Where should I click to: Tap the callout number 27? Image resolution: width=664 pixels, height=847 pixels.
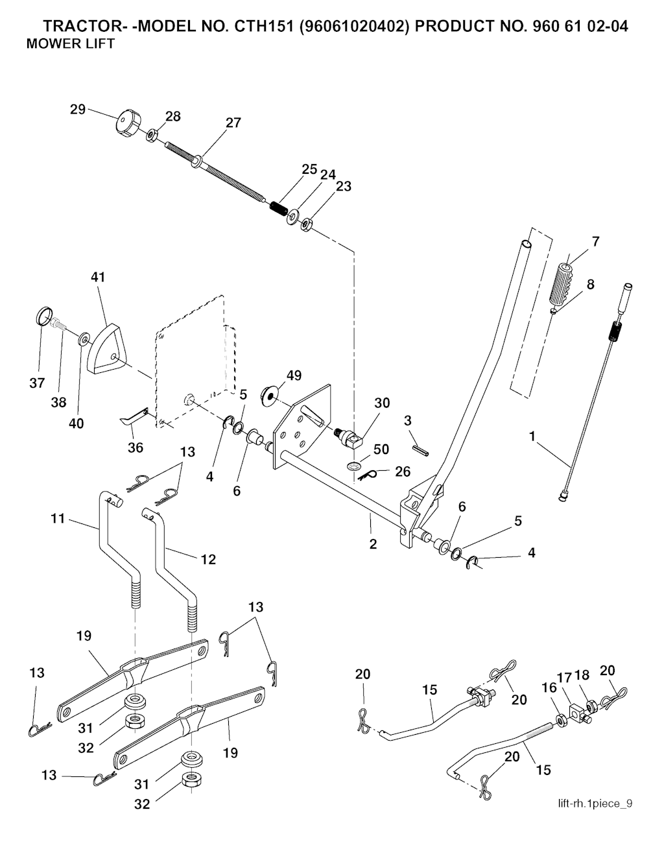click(x=233, y=123)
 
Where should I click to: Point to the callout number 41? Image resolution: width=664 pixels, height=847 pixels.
click(x=98, y=277)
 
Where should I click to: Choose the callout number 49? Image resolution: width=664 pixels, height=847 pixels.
click(x=294, y=376)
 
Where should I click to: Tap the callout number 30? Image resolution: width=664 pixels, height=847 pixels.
click(x=382, y=403)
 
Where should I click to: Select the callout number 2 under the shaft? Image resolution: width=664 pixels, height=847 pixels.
click(x=373, y=544)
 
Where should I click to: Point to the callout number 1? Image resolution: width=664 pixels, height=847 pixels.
click(x=532, y=436)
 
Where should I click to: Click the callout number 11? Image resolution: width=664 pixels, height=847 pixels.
click(x=58, y=518)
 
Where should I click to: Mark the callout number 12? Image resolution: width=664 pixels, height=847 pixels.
click(x=207, y=558)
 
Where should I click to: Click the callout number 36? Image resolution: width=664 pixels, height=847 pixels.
click(x=135, y=447)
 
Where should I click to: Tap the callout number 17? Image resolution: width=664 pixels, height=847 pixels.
click(x=564, y=678)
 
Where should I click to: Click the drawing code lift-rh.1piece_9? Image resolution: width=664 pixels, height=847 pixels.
click(x=595, y=804)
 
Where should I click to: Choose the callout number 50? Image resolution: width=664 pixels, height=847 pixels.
click(x=381, y=449)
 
